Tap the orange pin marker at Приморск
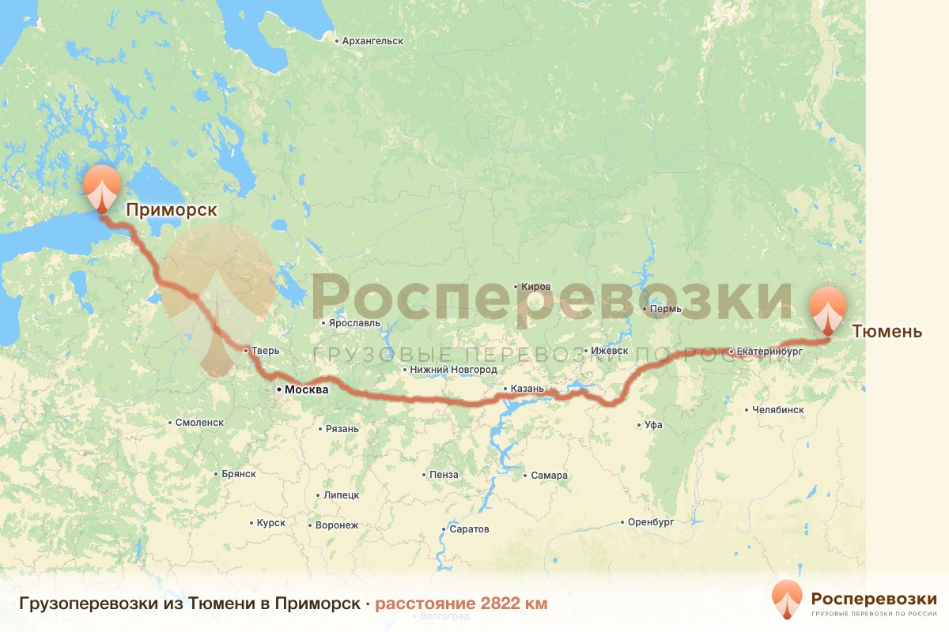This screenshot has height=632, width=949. (x=103, y=188)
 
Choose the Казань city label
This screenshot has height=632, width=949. (x=527, y=389)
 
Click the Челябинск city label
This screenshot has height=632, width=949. (x=779, y=410)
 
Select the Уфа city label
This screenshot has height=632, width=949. (x=653, y=425)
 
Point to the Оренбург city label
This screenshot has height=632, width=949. (x=650, y=522)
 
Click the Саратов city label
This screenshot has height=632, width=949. (x=468, y=529)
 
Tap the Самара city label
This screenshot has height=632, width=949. (x=549, y=476)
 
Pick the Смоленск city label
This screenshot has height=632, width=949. (x=200, y=423)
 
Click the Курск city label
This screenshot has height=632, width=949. (x=270, y=523)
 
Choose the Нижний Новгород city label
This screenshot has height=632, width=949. (x=453, y=370)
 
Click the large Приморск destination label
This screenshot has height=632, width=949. (x=171, y=210)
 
